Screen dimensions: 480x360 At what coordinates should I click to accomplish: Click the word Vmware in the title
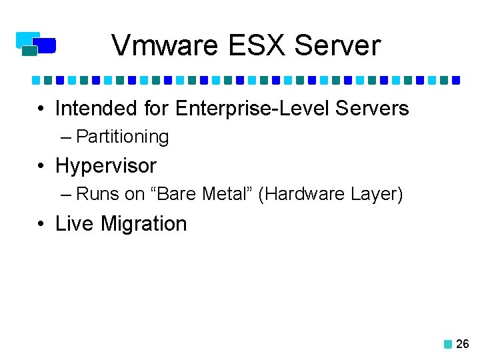coord(166,46)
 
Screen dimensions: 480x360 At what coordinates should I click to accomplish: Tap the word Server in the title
coord(337,46)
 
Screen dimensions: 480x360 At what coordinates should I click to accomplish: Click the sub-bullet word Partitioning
coord(123,137)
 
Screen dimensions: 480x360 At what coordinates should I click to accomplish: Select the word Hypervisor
coord(106,166)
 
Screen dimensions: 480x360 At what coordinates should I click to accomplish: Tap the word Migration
coord(143,224)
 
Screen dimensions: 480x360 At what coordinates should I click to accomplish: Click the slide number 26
coord(463,344)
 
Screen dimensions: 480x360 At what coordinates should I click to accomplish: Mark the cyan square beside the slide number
coord(448,345)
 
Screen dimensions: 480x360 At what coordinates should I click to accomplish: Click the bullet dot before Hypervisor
coord(41,166)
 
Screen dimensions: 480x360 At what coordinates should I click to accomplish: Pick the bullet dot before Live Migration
coord(41,224)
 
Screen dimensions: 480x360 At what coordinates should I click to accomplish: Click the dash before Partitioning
coord(65,137)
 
